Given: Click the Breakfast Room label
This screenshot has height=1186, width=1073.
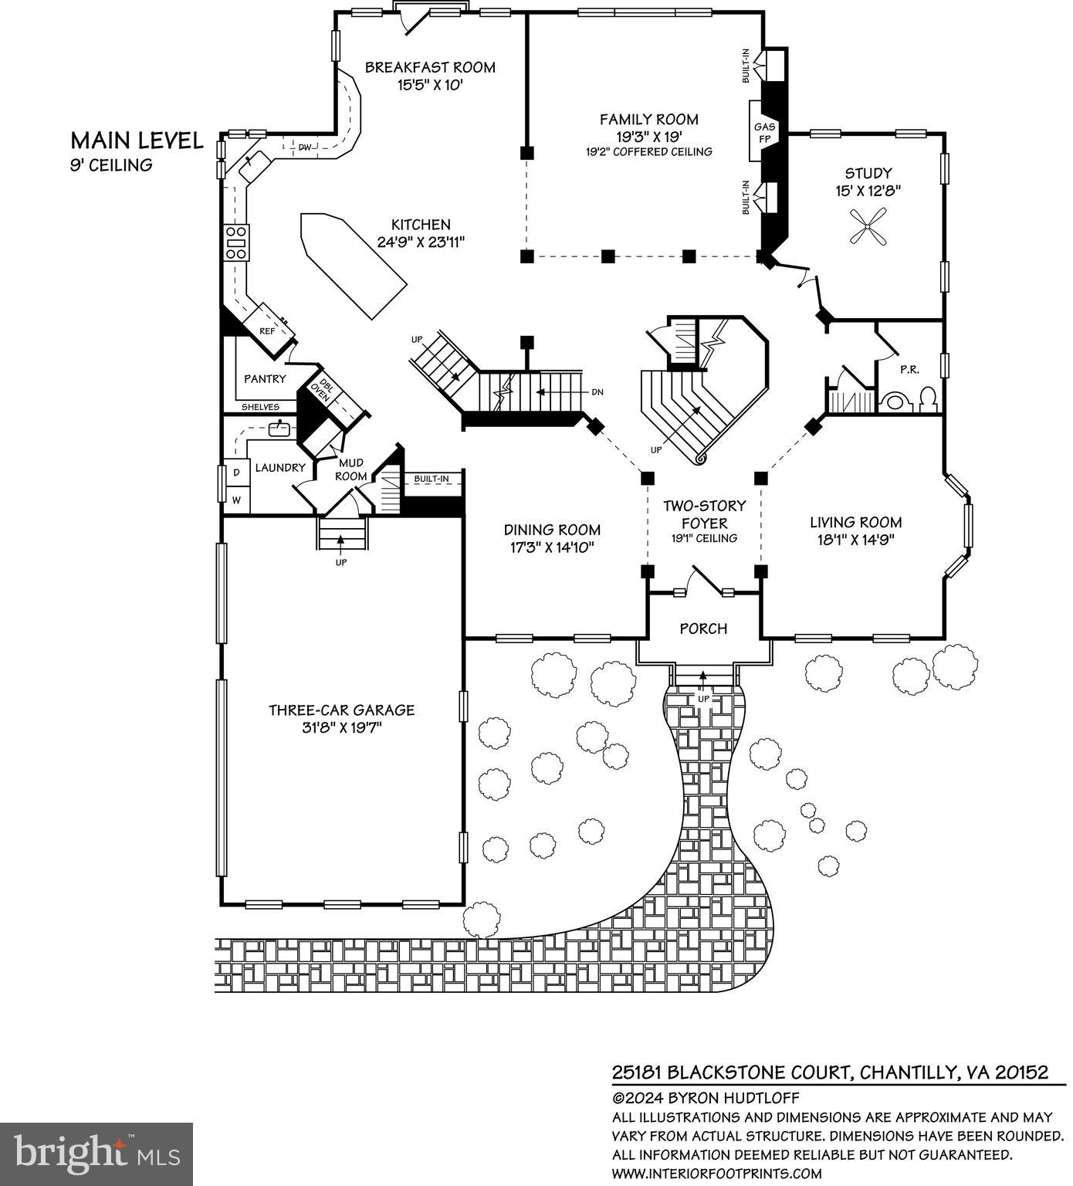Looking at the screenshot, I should pos(430,67).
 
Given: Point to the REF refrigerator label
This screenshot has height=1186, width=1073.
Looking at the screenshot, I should pos(267,331).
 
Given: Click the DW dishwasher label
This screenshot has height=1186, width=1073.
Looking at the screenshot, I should pos(305,147).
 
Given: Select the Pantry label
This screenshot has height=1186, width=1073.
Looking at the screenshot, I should pos(265,379).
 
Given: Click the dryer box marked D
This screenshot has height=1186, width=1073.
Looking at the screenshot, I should pos(237,472).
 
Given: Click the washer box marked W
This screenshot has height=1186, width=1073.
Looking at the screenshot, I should pos(237,500).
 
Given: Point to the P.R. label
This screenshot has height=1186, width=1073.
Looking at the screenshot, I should pos(909,369).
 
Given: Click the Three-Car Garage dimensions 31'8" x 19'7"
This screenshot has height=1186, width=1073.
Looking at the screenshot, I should pos(341,727).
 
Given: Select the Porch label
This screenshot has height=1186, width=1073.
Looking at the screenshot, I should pos(703,629).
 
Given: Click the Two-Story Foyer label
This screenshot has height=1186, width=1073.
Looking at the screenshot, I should pos(704,513).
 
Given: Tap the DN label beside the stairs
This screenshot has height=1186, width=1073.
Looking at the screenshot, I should pos(597,392).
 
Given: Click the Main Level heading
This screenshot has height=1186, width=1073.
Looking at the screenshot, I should pos(137,141).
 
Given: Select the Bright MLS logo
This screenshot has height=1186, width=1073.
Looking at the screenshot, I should pos(96,1153).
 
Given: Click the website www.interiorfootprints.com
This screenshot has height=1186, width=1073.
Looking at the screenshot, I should pos(716,1174).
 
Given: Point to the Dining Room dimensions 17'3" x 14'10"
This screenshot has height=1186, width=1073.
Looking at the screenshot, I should pos(552,547).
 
